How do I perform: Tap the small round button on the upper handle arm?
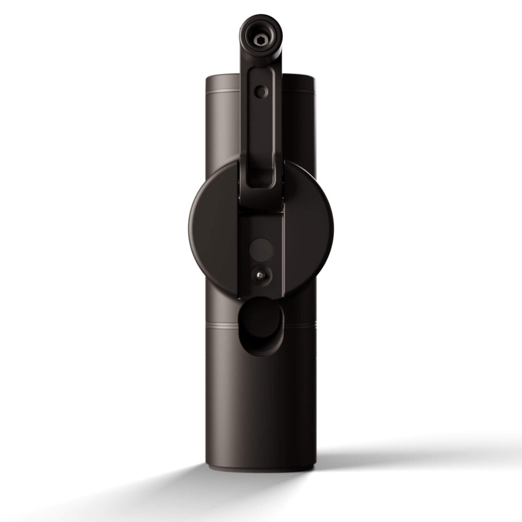tap(261, 91)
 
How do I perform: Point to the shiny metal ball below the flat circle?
tap(260, 274)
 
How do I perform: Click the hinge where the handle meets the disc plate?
tap(261, 209)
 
